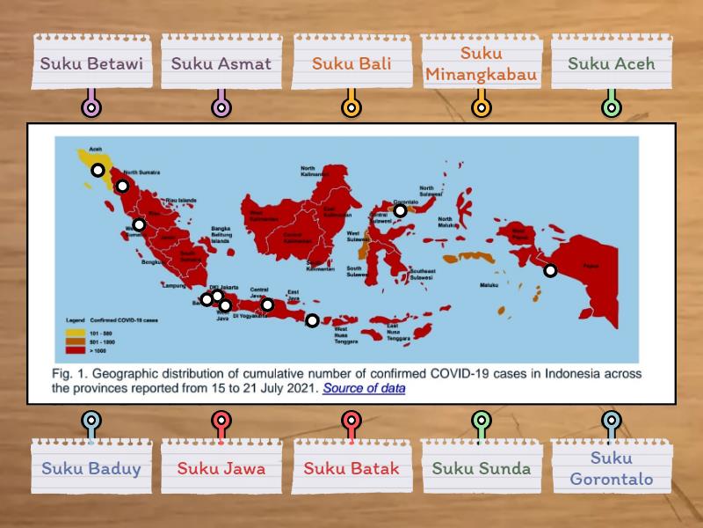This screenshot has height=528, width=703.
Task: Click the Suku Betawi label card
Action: (x=91, y=63)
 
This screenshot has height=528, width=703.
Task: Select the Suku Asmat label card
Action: (x=221, y=63)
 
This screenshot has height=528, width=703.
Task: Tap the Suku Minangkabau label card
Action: (x=481, y=63)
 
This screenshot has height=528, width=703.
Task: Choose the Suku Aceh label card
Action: (x=611, y=63)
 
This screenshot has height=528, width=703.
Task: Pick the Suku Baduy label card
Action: (x=91, y=468)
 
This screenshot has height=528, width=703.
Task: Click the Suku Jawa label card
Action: (x=221, y=468)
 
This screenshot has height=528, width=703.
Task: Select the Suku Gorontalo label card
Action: (x=611, y=468)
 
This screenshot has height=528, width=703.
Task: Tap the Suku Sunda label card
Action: (x=481, y=468)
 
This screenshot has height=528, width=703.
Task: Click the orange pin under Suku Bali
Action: (x=351, y=107)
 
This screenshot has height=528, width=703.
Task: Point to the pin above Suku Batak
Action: (x=351, y=421)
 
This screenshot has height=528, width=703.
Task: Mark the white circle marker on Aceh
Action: (x=98, y=170)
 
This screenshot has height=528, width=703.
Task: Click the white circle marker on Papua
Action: (x=550, y=270)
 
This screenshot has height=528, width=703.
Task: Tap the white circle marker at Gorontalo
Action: (x=400, y=210)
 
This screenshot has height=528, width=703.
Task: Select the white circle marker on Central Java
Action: (x=267, y=305)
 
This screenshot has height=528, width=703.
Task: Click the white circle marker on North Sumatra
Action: (x=122, y=186)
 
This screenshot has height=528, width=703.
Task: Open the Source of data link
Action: (x=364, y=387)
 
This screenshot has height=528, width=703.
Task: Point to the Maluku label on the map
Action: (x=489, y=285)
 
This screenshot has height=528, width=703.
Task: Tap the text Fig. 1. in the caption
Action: (x=67, y=373)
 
